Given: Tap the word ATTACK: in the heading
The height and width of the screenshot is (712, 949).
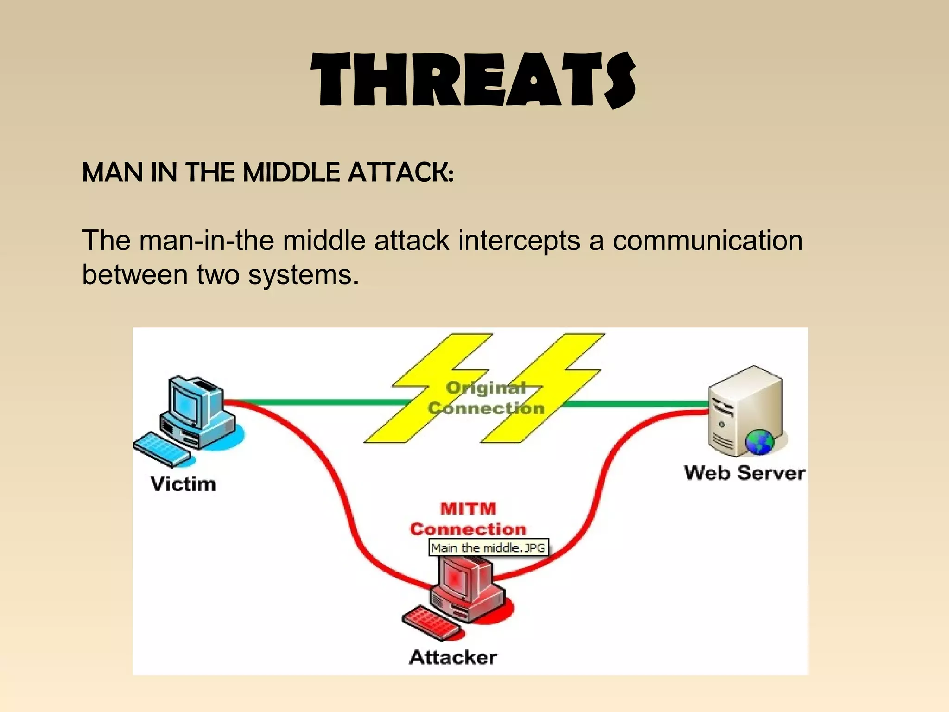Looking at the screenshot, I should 401,172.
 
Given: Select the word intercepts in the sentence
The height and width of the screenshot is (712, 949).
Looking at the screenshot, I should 519,241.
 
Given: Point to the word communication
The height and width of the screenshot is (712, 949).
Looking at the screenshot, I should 708,241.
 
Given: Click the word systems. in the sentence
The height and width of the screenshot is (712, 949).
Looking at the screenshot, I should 304,274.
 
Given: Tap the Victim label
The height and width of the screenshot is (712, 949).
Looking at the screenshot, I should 183,484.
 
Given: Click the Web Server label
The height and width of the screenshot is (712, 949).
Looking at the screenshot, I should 745,473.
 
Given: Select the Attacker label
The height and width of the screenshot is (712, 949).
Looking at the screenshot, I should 453,657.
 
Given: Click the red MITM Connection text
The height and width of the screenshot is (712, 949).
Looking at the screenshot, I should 468,519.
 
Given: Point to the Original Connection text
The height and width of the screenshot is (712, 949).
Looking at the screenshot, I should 486,398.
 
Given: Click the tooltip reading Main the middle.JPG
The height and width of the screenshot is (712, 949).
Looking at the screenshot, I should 488,547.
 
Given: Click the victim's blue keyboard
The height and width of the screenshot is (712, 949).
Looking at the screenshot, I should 161,449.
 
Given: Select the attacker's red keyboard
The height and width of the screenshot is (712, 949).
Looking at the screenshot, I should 431,621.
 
